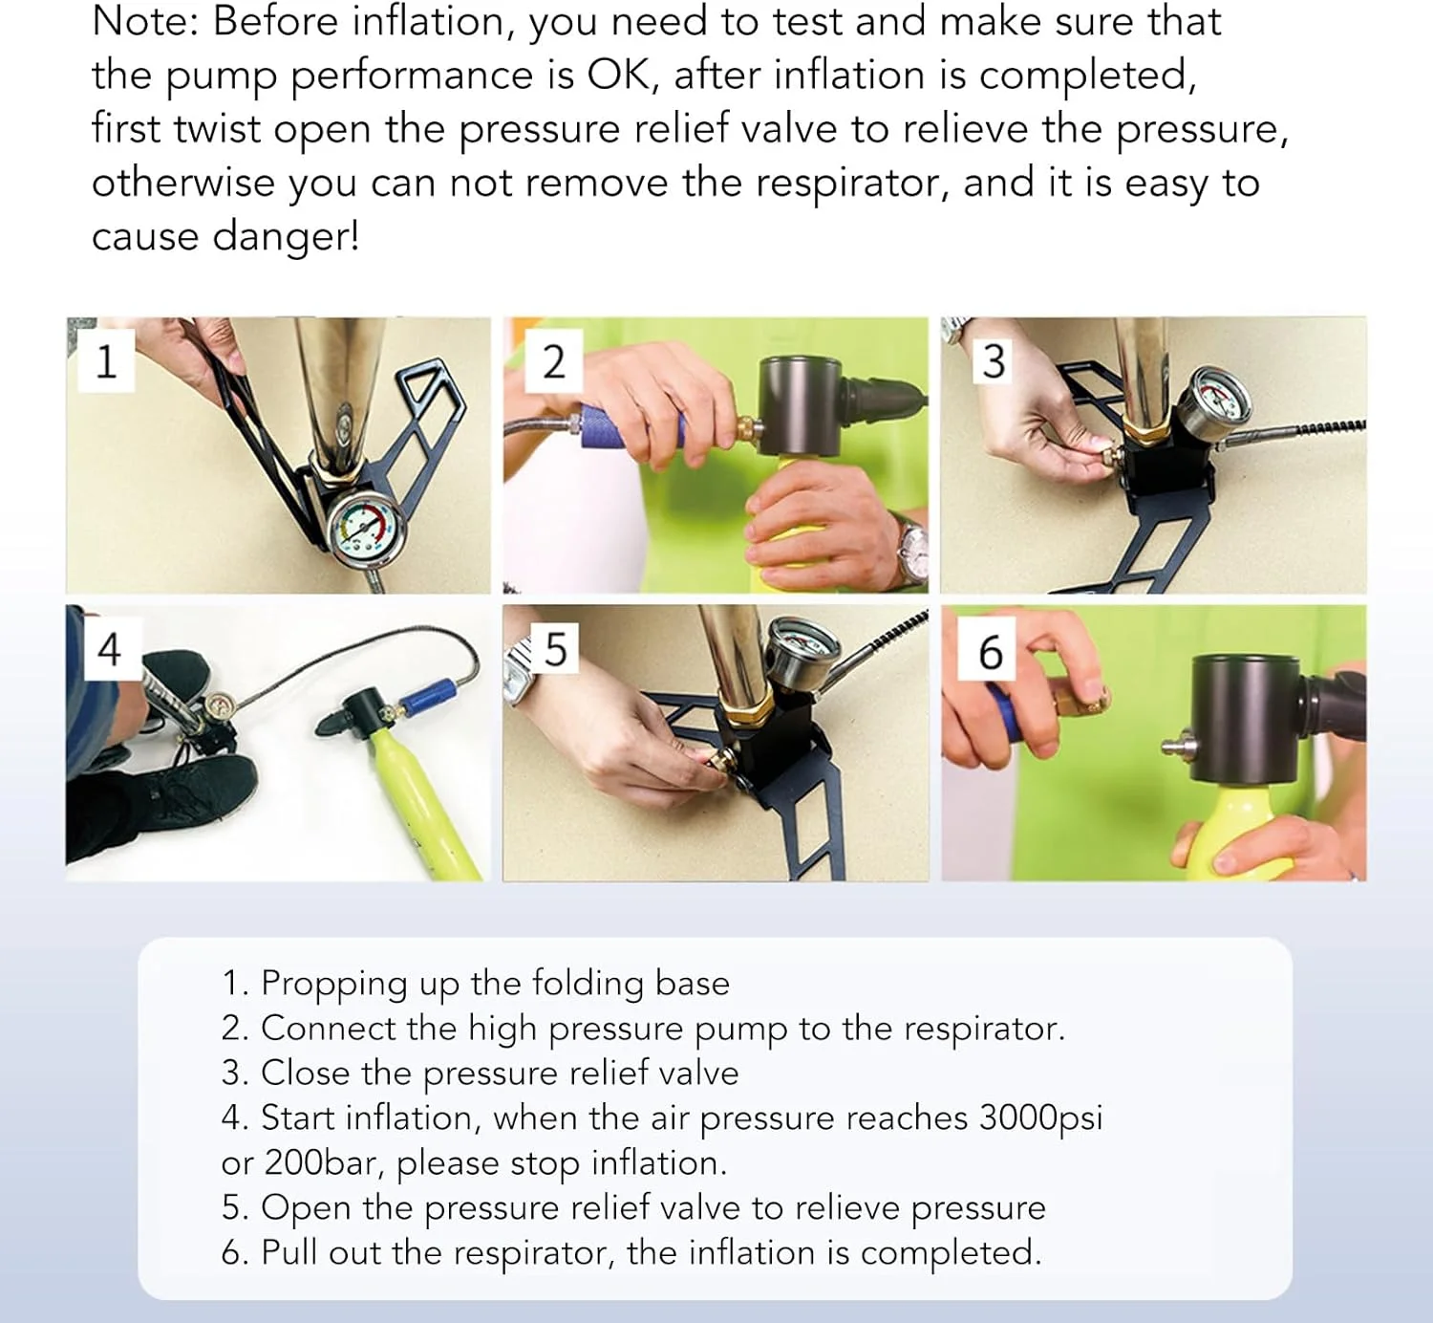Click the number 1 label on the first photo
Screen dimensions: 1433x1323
(x=106, y=361)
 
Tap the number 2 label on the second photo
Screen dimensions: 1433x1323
(x=553, y=361)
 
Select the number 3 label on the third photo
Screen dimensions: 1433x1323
(x=994, y=361)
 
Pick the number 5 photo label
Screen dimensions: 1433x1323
(x=555, y=648)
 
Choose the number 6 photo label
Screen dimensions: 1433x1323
(x=991, y=651)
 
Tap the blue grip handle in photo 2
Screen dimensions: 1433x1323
(x=626, y=426)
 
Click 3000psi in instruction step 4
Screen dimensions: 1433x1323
(x=1041, y=1118)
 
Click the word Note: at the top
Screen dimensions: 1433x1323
(x=146, y=21)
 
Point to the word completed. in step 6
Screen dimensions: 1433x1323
(x=951, y=1253)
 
